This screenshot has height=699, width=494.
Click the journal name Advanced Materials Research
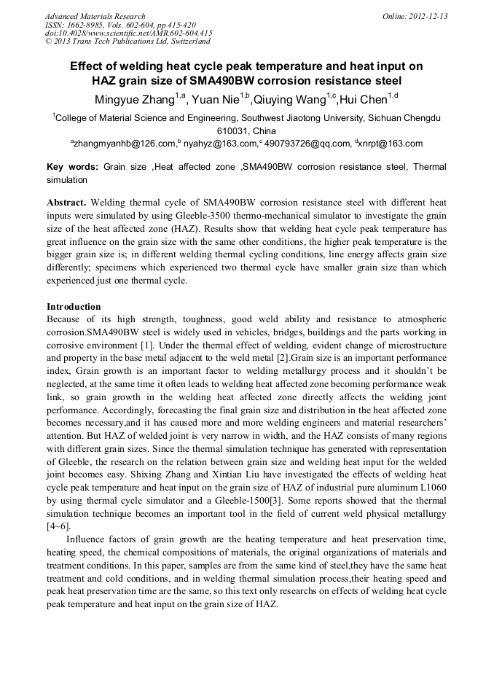pos(95,16)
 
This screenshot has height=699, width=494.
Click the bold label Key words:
pos(72,167)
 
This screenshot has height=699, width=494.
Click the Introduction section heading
pos(74,306)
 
